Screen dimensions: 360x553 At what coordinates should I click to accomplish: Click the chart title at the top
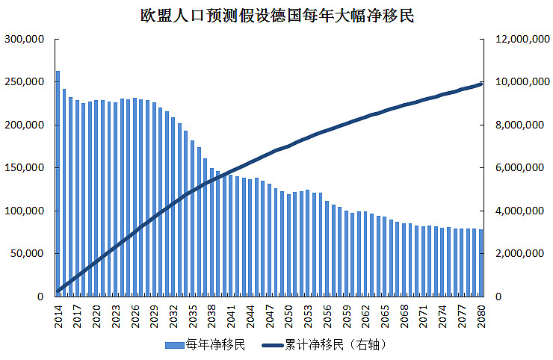click(276, 15)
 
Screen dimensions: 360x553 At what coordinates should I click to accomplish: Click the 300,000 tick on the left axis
click(25, 39)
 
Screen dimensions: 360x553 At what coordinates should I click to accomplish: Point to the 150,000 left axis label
click(25, 168)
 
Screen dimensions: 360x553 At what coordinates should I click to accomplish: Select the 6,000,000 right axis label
click(521, 168)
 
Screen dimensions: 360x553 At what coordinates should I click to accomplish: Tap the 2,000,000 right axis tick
click(521, 254)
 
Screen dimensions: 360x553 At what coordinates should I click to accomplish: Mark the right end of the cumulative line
click(481, 84)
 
